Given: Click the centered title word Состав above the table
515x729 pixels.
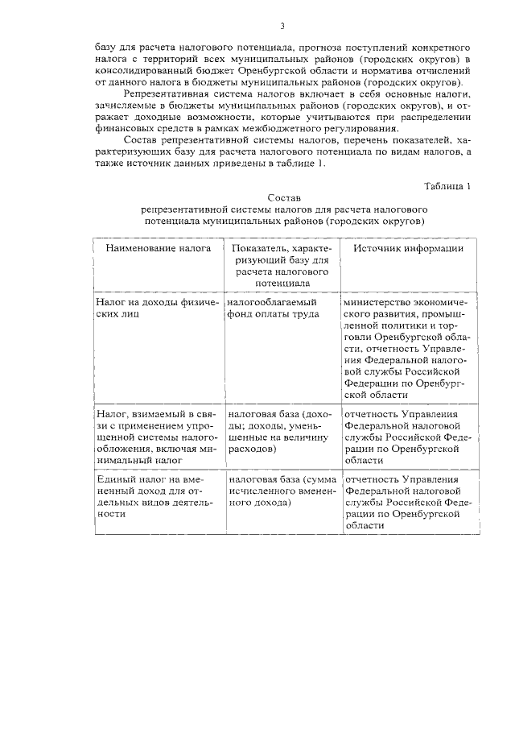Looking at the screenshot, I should [282, 197].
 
